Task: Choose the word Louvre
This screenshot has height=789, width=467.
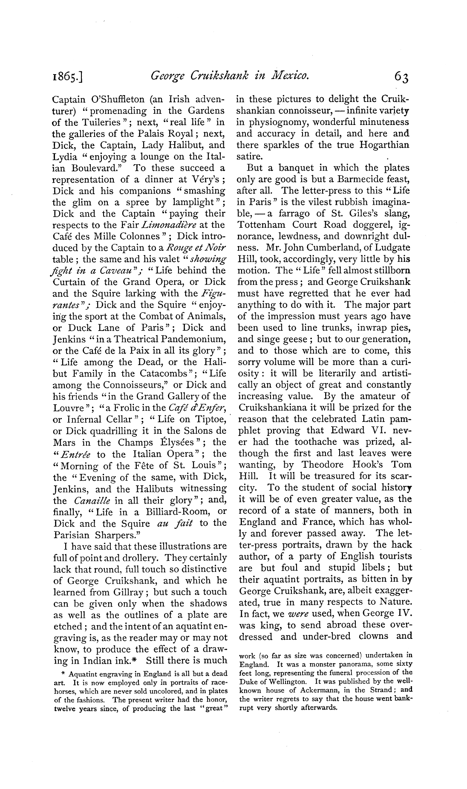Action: pos(68,408)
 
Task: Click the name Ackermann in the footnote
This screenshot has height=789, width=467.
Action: pos(312,690)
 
